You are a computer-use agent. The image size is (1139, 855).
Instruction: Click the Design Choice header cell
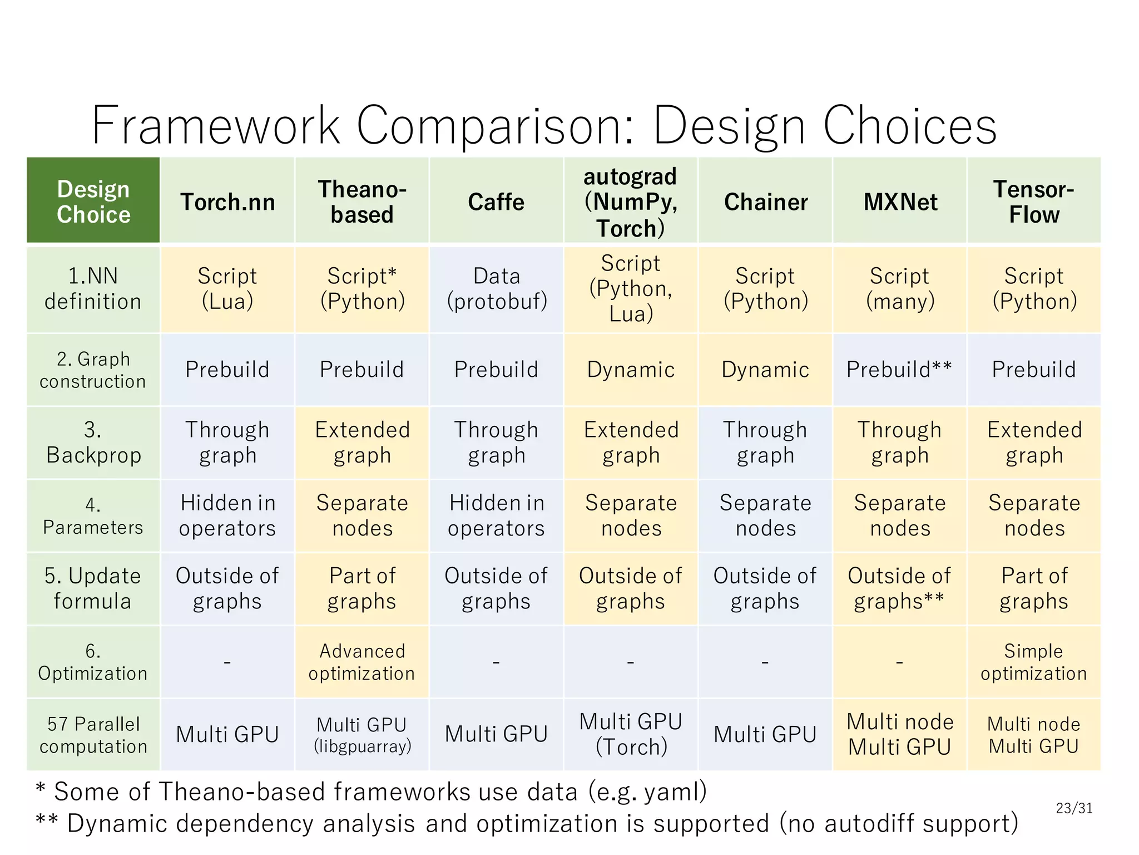(x=93, y=202)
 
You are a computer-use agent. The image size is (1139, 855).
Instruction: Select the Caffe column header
(x=496, y=202)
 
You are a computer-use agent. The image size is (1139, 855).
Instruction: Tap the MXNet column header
(x=900, y=202)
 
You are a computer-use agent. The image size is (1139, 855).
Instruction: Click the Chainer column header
(x=765, y=202)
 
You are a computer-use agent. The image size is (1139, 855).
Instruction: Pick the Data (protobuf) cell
(x=496, y=289)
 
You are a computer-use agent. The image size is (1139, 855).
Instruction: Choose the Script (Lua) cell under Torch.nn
(x=227, y=289)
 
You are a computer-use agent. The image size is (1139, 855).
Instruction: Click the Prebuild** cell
(x=899, y=370)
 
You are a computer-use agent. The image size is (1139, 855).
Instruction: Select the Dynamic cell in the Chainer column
(x=765, y=370)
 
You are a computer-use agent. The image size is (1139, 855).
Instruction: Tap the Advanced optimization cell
(x=362, y=662)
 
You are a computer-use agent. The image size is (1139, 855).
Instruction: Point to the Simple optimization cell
(x=1033, y=662)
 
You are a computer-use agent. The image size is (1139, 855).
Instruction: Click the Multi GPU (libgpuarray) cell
(x=362, y=735)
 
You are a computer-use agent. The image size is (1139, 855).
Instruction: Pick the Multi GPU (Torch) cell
(x=631, y=735)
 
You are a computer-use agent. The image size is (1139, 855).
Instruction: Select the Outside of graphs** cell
(x=899, y=588)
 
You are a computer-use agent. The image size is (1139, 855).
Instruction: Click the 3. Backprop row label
(x=93, y=443)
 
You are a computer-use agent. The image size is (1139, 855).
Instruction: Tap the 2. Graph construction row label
(x=93, y=370)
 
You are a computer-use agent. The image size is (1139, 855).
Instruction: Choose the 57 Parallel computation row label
(x=93, y=735)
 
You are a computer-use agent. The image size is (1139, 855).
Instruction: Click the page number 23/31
(x=1074, y=808)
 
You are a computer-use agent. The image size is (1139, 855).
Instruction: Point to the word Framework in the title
(x=216, y=126)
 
